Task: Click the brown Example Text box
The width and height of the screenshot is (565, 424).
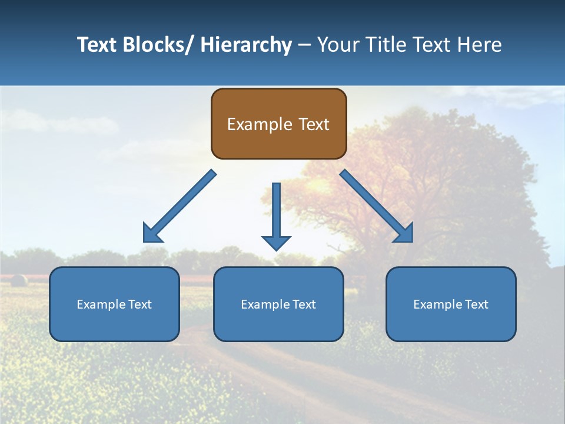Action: point(278,124)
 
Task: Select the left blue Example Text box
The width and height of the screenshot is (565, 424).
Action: point(114,304)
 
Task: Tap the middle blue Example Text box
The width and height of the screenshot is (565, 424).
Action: point(278,304)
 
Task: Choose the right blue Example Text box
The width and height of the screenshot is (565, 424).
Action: point(451,304)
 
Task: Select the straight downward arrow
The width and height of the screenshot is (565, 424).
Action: point(276,212)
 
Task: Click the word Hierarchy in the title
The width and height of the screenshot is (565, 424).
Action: point(246,45)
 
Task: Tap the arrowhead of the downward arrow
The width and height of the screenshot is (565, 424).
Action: point(276,242)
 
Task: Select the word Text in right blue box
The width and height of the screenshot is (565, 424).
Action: point(476,304)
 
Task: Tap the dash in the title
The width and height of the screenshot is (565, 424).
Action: point(304,45)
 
